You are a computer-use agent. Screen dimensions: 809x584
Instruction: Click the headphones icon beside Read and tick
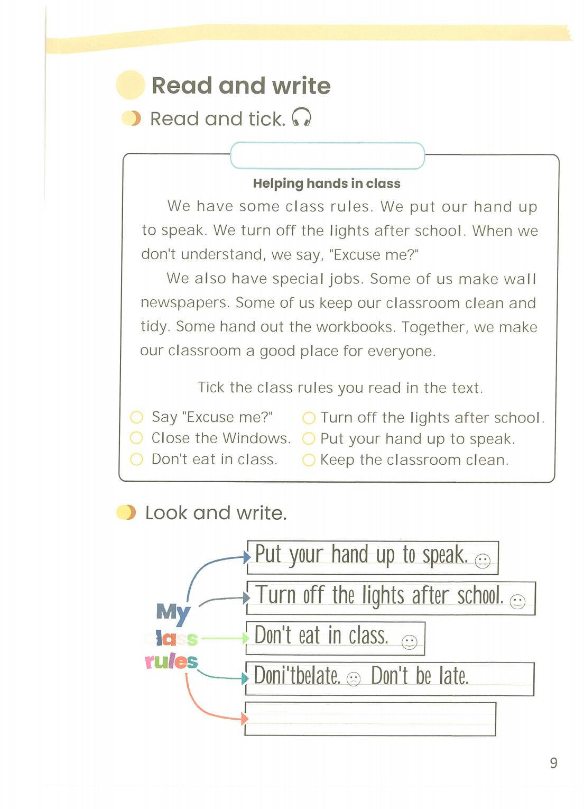301,117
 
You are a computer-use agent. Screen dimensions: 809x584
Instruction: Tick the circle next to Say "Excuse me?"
136,417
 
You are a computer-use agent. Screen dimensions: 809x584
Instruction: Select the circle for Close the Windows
136,438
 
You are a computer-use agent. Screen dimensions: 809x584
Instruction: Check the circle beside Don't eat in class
136,459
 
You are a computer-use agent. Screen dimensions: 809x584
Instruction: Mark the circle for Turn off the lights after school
309,418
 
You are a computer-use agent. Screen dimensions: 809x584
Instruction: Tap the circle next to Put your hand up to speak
309,439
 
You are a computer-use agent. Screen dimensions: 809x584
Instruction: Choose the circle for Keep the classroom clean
309,460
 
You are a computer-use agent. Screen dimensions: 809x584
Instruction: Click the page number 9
553,762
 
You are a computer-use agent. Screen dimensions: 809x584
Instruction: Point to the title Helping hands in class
326,183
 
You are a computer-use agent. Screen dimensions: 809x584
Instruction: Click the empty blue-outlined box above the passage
327,155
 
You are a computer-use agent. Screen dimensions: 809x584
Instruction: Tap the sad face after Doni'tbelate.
353,679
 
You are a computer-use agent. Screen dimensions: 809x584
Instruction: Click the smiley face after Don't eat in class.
409,642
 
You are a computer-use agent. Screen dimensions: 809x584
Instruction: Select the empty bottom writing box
370,719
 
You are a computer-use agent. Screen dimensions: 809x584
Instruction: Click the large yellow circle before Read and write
131,85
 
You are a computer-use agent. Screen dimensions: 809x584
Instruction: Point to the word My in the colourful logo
173,612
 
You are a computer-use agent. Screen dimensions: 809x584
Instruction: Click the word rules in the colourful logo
171,661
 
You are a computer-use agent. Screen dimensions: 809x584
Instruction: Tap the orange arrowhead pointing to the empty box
244,719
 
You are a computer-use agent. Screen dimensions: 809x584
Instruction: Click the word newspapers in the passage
184,303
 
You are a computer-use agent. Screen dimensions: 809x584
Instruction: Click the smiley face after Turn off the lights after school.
517,601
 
